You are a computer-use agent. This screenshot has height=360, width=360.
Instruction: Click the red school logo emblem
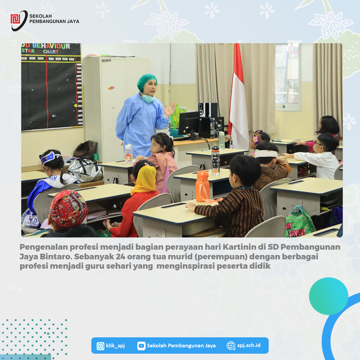[x=15, y=19]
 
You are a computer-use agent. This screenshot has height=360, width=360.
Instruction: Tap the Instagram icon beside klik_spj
[x=100, y=346]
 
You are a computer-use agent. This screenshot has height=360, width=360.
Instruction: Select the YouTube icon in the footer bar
[x=141, y=346]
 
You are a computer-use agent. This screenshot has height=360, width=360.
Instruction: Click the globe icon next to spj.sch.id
[x=231, y=346]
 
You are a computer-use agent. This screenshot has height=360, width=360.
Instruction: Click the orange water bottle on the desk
[x=203, y=186]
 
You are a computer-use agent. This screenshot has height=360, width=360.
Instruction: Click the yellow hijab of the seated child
[x=145, y=178]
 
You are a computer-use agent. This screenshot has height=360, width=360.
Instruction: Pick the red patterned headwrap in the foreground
[x=68, y=209]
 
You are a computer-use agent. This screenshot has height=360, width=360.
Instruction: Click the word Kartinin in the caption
[x=239, y=247]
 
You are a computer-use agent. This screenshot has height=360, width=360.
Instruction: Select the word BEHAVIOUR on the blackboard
[x=51, y=46]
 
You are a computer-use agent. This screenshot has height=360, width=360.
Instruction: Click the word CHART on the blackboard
[x=51, y=52]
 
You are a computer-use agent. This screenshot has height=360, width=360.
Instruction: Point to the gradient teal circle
[x=329, y=296]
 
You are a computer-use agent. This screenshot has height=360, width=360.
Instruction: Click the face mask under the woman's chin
[x=148, y=98]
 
